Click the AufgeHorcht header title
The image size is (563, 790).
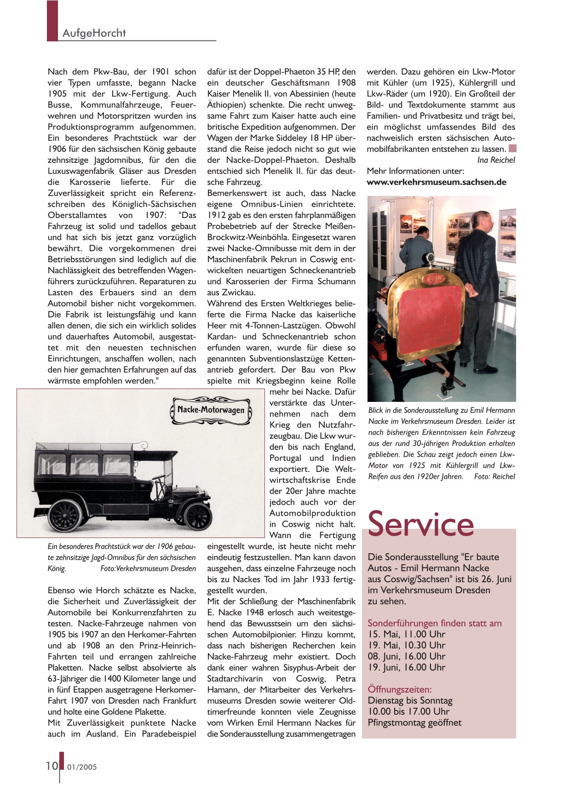94,33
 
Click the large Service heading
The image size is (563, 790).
420,524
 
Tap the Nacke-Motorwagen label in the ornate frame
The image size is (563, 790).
211,409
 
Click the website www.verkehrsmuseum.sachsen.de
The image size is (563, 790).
436,182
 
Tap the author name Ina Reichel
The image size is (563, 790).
496,160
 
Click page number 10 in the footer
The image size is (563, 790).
52,765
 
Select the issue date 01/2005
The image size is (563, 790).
82,767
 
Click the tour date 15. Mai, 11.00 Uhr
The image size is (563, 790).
406,634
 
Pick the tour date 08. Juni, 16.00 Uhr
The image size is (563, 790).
406,656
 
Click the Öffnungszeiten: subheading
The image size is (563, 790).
399,689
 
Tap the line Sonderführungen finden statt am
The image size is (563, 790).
434,623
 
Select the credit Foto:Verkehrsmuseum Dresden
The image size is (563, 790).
148,568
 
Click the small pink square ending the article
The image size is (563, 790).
512,149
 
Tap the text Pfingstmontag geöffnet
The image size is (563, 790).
414,722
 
